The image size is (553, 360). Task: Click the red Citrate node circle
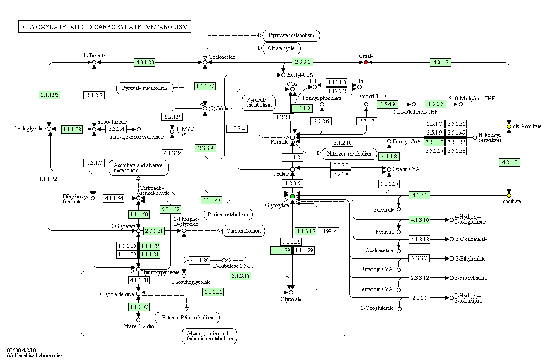pyautogui.click(x=366, y=62)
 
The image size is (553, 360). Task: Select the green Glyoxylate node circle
pyautogui.click(x=292, y=197)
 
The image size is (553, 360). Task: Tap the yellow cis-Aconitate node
pyautogui.click(x=509, y=126)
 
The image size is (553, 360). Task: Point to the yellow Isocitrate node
pyautogui.click(x=509, y=196)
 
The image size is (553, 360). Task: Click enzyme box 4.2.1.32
pyautogui.click(x=145, y=62)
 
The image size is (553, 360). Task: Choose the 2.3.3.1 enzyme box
pyautogui.click(x=302, y=62)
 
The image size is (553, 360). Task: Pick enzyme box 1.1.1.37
pyautogui.click(x=205, y=86)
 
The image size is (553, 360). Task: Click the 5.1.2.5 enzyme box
pyautogui.click(x=94, y=95)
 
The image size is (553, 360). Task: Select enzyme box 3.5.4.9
pyautogui.click(x=387, y=104)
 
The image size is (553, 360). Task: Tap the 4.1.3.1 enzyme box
pyautogui.click(x=420, y=195)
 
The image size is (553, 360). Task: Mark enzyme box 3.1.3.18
pyautogui.click(x=240, y=276)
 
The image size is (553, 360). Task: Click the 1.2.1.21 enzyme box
pyautogui.click(x=213, y=292)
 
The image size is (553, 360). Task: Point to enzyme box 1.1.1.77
pyautogui.click(x=139, y=307)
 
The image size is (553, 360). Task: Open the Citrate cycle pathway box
pyautogui.click(x=281, y=48)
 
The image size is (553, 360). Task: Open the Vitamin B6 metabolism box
pyautogui.click(x=187, y=318)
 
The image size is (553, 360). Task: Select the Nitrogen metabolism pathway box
pyautogui.click(x=350, y=154)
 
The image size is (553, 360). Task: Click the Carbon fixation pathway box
pyautogui.click(x=243, y=231)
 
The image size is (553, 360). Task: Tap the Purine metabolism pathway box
pyautogui.click(x=228, y=214)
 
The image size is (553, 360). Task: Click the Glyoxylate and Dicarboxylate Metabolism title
pyautogui.click(x=105, y=26)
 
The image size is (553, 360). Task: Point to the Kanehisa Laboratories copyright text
pyautogui.click(x=35, y=355)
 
